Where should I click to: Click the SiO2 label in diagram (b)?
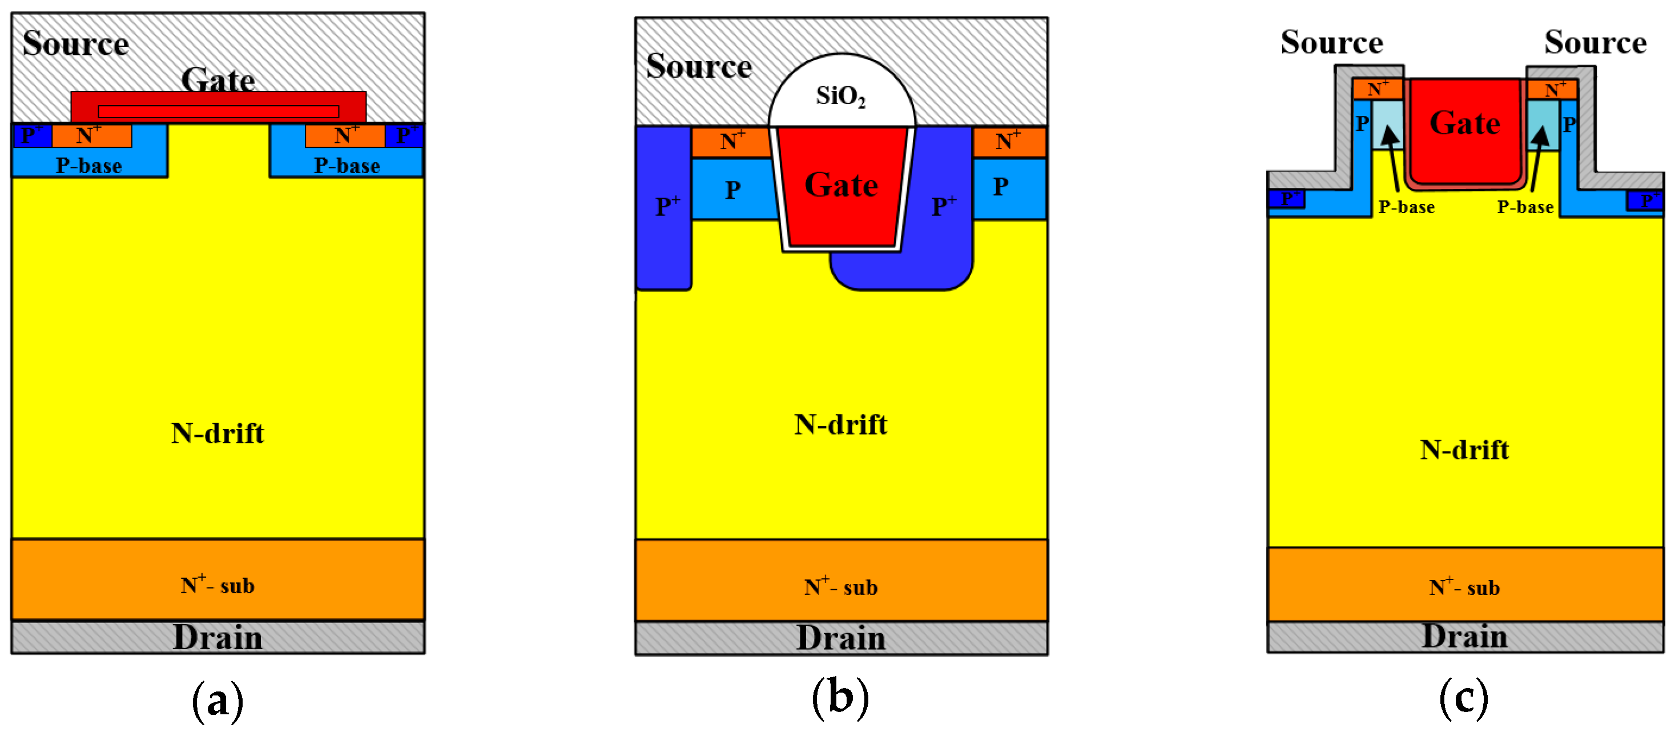click(840, 96)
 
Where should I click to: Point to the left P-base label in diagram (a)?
click(88, 166)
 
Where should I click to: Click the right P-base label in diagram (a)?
click(347, 166)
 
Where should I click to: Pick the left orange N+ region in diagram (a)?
click(91, 135)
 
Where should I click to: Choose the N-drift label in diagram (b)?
click(840, 424)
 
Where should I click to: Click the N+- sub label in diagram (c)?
click(1464, 588)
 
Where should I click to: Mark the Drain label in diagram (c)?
click(1464, 636)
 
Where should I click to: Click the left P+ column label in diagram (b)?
click(667, 207)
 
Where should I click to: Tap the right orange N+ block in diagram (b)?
click(1008, 142)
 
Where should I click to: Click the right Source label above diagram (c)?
click(1595, 42)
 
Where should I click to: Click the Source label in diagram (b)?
click(699, 66)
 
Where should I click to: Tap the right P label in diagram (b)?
click(1000, 187)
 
